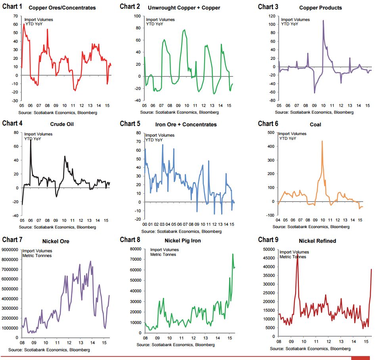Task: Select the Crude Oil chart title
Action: [x=59, y=124]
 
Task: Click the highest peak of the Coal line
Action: [x=322, y=141]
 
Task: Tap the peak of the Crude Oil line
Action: [x=31, y=140]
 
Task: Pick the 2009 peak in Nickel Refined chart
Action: [x=297, y=255]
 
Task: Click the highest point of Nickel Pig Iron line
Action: [x=233, y=254]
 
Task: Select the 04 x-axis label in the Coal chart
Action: [x=278, y=219]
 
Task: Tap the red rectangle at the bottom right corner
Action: [x=360, y=358]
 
